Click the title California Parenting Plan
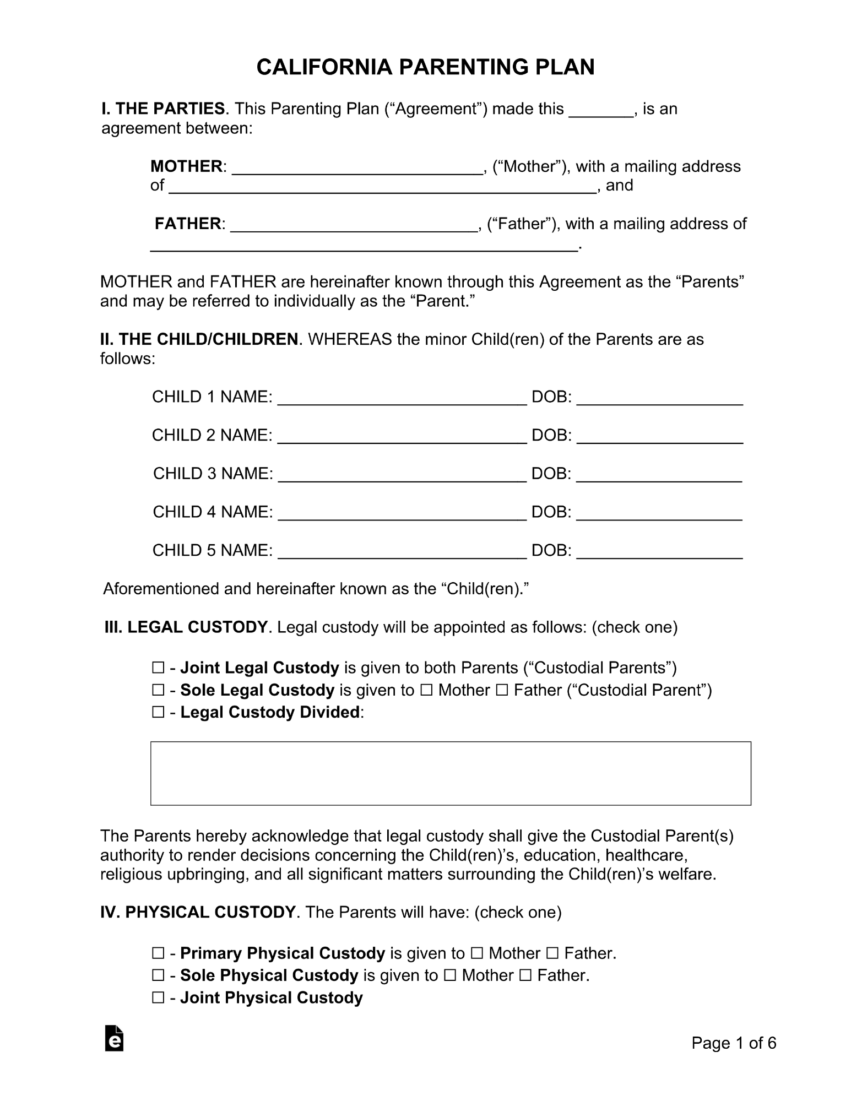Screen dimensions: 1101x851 click(425, 67)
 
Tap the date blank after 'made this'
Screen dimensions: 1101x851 click(600, 110)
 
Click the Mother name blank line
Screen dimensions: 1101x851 click(357, 167)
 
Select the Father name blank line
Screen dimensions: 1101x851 click(353, 225)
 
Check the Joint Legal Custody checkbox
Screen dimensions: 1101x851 click(158, 668)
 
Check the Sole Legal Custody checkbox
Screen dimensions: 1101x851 click(158, 690)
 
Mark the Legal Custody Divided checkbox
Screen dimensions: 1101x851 click(158, 713)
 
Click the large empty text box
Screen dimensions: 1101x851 click(450, 773)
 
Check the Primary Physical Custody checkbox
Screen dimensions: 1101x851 click(158, 953)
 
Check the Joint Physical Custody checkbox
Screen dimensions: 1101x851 click(158, 998)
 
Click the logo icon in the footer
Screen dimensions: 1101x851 click(114, 1038)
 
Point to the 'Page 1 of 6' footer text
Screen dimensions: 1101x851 click(734, 1043)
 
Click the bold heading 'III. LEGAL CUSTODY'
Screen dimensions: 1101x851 click(186, 627)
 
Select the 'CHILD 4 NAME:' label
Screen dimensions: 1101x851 click(213, 512)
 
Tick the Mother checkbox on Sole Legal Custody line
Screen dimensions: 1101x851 click(426, 690)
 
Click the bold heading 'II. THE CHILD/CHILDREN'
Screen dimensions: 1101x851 click(199, 339)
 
